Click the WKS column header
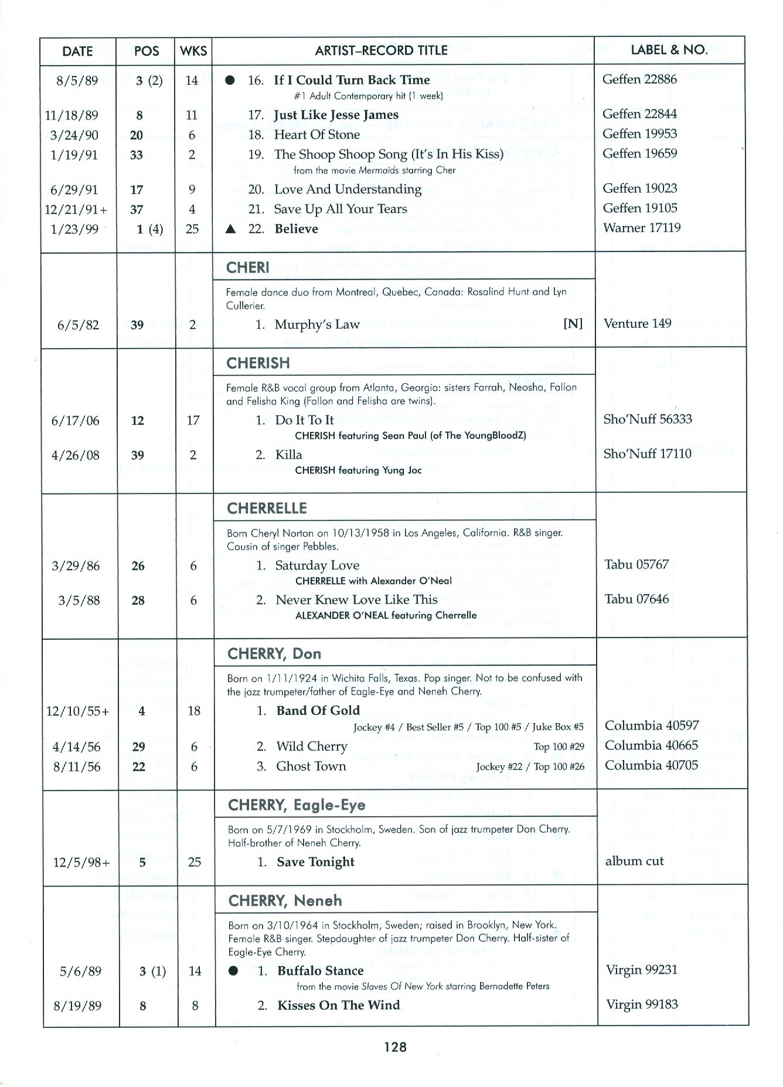[193, 51]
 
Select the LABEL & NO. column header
[669, 50]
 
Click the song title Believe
[296, 229]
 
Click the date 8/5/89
[77, 80]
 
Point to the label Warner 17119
[642, 227]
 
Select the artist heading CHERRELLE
[267, 508]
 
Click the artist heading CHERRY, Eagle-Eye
[297, 805]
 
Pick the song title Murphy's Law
[317, 325]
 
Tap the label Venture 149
[636, 323]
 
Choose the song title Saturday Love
[317, 565]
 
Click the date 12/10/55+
[78, 711]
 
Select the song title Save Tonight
[315, 862]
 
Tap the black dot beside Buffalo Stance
[233, 971]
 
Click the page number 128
[396, 1047]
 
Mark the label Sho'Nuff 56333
[648, 419]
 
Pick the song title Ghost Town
[311, 766]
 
